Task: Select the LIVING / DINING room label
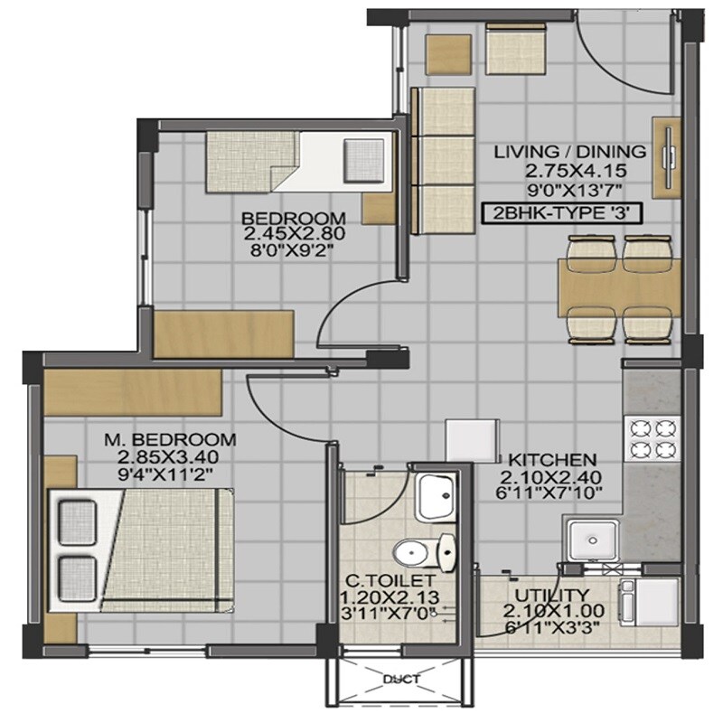(x=569, y=152)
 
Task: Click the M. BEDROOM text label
(x=170, y=440)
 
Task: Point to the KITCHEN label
(x=551, y=458)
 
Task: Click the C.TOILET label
(x=392, y=580)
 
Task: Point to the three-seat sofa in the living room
(x=443, y=161)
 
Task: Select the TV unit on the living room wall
(x=667, y=159)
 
